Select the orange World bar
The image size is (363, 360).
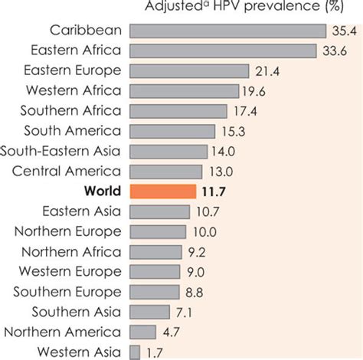click(163, 191)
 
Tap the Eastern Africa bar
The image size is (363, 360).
click(223, 51)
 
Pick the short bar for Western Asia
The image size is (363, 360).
click(135, 352)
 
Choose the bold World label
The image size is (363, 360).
click(103, 191)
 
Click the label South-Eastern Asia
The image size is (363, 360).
click(61, 151)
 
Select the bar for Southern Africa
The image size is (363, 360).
click(178, 110)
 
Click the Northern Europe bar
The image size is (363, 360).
click(158, 231)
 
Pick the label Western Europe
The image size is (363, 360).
click(70, 271)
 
